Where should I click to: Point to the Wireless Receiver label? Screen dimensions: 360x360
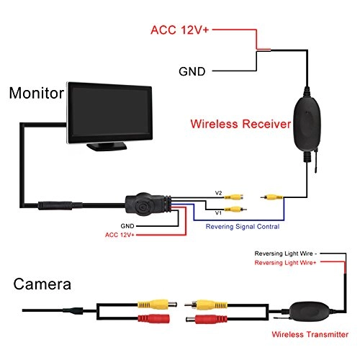(x=240, y=124)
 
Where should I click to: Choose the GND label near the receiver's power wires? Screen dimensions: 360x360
(x=190, y=72)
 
